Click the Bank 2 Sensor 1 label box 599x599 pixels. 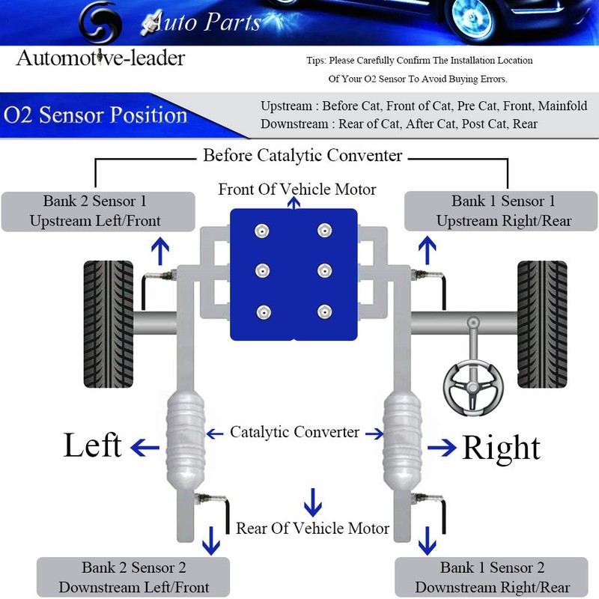(x=98, y=211)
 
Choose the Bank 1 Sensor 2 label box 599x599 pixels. (x=492, y=577)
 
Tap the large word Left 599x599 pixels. (x=93, y=446)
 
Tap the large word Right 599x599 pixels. (x=501, y=448)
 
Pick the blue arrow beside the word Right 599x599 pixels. (x=442, y=447)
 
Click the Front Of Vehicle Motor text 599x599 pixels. (x=297, y=189)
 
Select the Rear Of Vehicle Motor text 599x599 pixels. (x=312, y=529)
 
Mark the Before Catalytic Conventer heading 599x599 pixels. (x=302, y=156)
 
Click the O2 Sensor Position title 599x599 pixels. (x=95, y=116)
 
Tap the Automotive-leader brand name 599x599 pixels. (x=100, y=58)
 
